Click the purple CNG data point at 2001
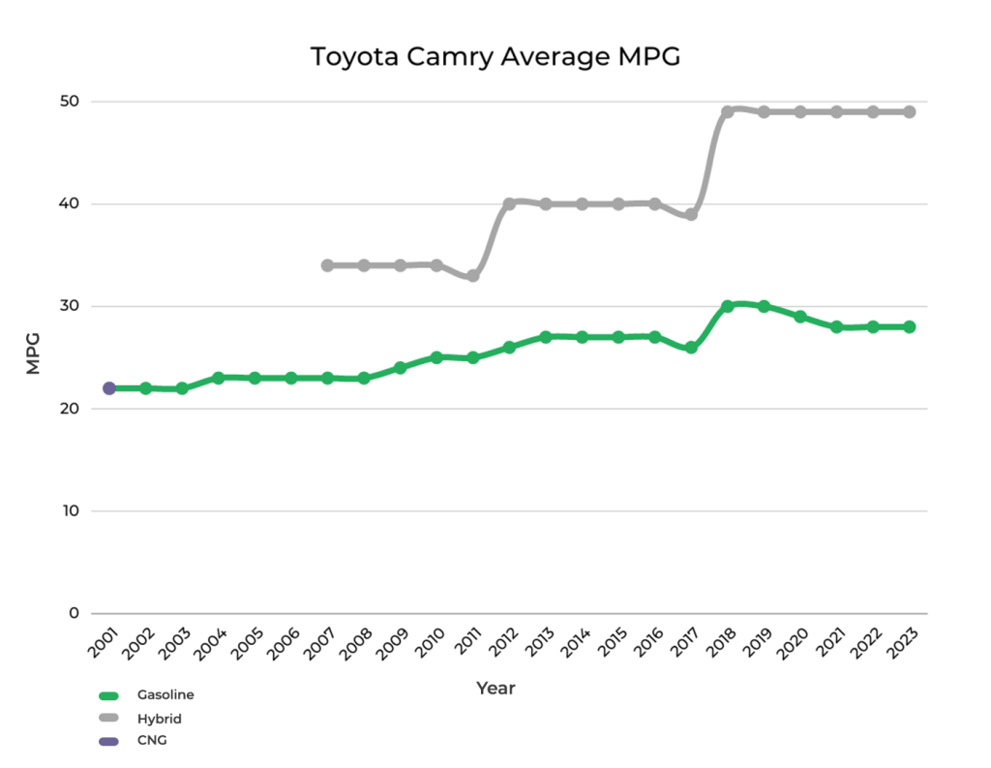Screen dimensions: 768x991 tap(109, 388)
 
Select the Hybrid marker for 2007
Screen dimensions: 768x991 tap(327, 265)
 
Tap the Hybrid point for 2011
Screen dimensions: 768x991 tap(473, 276)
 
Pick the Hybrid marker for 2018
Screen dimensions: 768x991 tap(728, 111)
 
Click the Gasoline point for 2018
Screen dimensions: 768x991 tap(728, 306)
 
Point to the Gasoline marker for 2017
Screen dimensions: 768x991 tap(691, 348)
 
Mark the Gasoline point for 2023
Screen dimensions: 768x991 tap(910, 327)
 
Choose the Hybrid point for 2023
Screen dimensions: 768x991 tap(910, 112)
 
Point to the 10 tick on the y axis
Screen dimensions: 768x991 tap(73, 511)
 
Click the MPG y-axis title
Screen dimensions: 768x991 tap(33, 357)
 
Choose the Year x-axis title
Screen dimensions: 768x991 tap(495, 689)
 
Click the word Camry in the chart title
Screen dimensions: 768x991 tap(452, 57)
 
